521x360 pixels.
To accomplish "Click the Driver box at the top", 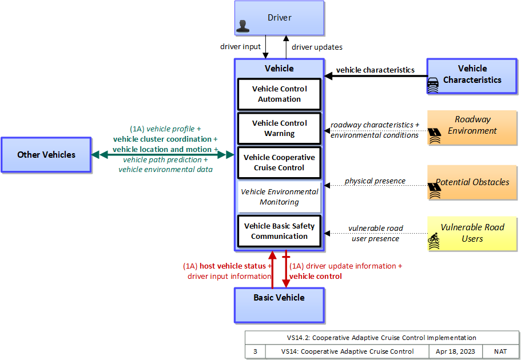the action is (279, 18).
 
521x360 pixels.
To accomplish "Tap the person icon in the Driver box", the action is (242, 26).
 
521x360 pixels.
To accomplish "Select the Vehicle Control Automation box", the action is (279, 94).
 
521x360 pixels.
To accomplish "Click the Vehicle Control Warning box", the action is (279, 128).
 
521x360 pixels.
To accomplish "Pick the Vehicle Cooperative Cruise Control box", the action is (279, 162).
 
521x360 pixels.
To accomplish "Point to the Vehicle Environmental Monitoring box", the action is (279, 197).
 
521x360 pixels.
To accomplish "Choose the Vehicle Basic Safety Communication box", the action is (279, 231).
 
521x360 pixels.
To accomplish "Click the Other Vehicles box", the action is (46, 155).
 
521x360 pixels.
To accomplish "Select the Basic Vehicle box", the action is (279, 305).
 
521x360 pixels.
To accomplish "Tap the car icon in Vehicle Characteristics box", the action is (432, 85).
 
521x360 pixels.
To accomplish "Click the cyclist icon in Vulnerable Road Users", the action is (433, 241).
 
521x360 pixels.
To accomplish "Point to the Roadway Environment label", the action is (472, 125).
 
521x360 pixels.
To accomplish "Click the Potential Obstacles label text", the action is (472, 182).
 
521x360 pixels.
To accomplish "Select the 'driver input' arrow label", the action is (240, 46).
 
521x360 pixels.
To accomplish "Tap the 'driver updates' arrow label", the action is (317, 47).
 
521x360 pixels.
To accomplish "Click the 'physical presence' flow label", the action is (375, 181).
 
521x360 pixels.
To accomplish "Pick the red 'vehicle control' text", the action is (315, 277).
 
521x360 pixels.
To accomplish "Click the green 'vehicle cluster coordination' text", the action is (162, 139).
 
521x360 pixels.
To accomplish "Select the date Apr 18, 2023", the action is (455, 351).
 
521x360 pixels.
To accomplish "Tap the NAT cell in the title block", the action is (500, 351).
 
